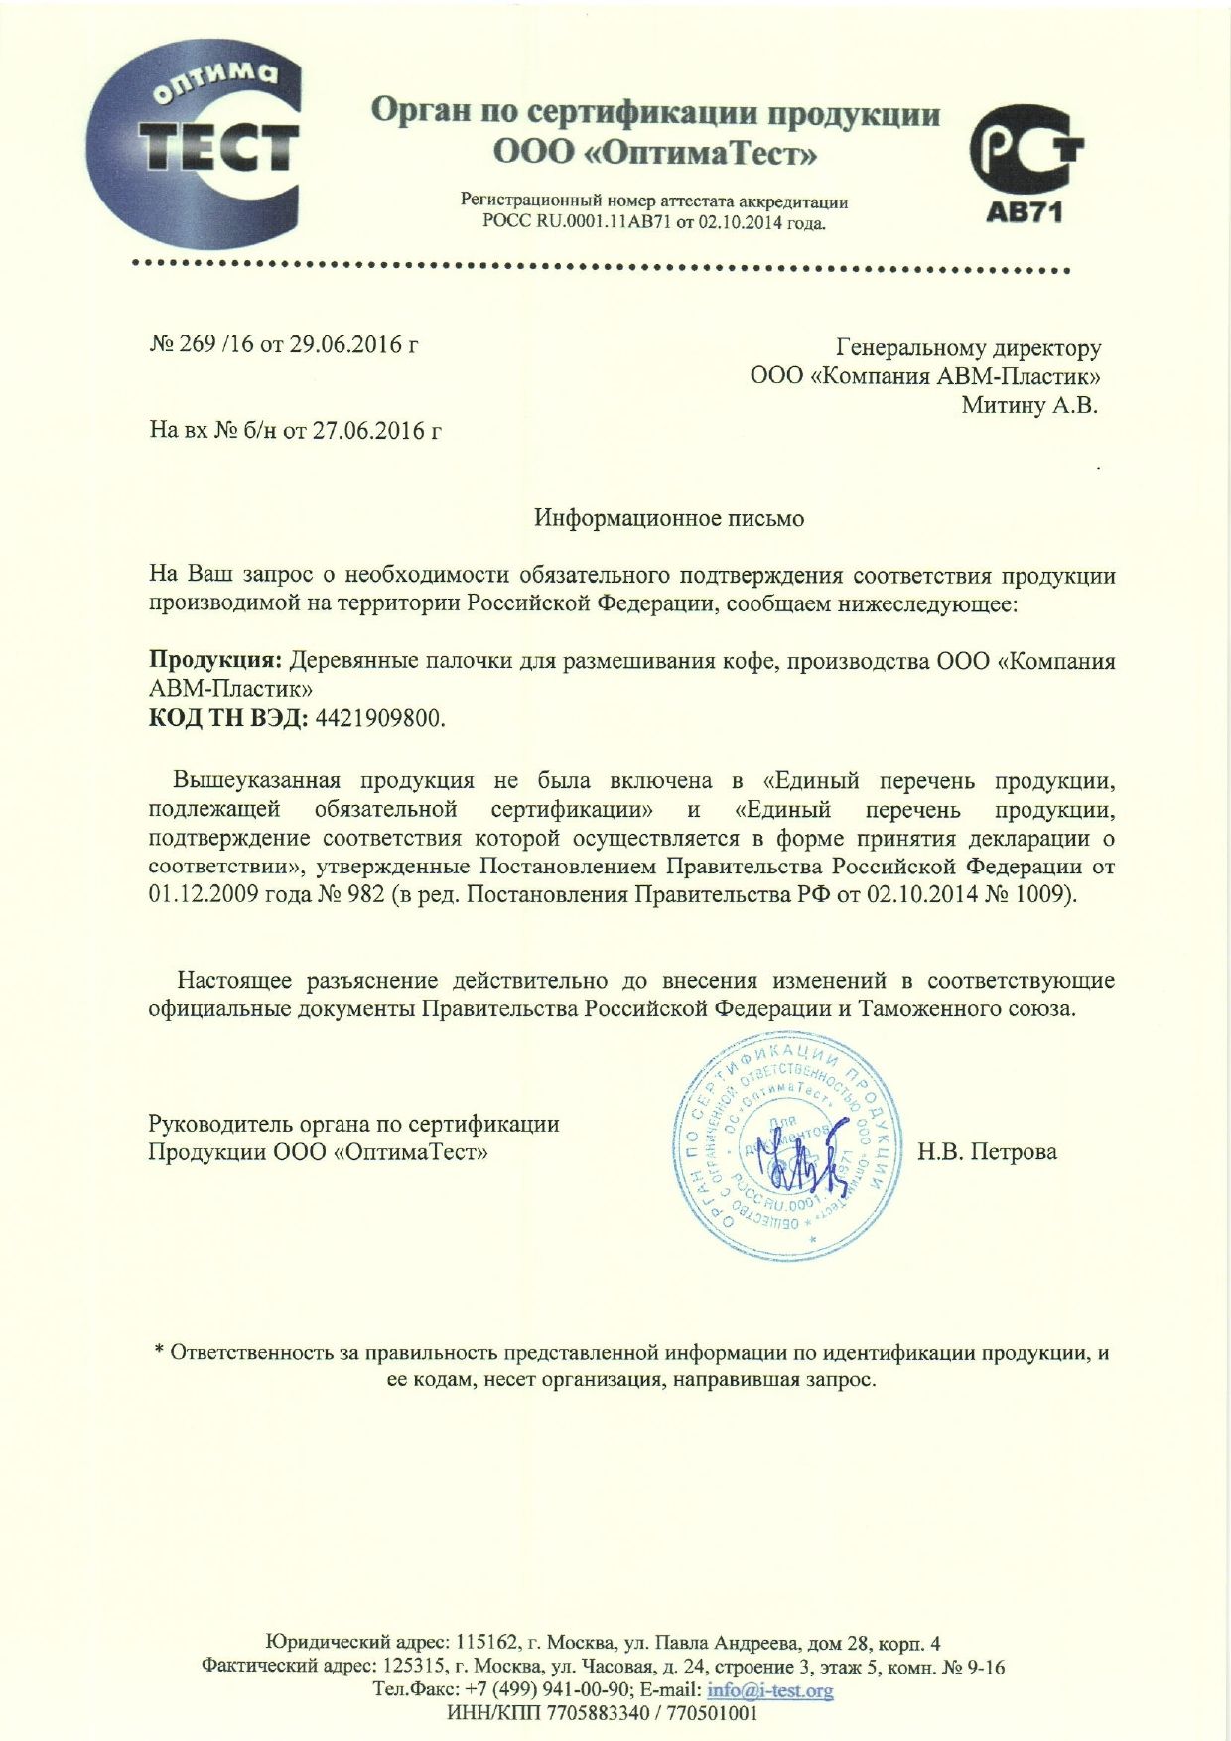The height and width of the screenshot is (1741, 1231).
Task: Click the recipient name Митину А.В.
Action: pyautogui.click(x=1029, y=404)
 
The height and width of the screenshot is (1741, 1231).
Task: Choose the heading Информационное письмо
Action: pyautogui.click(x=669, y=518)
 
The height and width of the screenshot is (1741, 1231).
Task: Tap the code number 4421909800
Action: pyautogui.click(x=378, y=718)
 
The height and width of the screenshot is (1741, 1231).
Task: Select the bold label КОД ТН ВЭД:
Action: pyautogui.click(x=228, y=718)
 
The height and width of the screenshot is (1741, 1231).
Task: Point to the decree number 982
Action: pyautogui.click(x=365, y=894)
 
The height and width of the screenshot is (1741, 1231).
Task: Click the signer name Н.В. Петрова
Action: pyautogui.click(x=987, y=1151)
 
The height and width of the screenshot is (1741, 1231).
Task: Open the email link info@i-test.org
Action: pyautogui.click(x=769, y=1689)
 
